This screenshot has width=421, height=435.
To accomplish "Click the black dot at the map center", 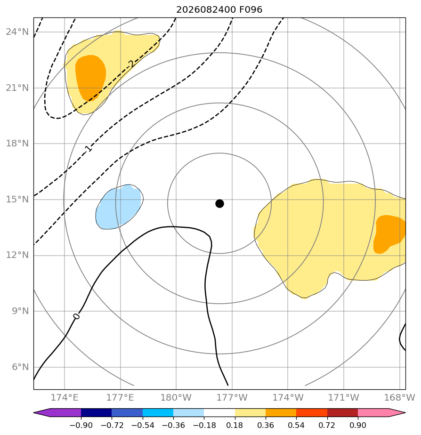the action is coord(219,204).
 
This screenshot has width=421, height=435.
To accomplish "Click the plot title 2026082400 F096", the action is coord(219,10).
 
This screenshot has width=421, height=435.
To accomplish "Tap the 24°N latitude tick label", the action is coord(17,32).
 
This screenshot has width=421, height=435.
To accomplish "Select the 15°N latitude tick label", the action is coord(17,200).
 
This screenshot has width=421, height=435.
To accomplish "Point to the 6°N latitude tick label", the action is coord(20,367).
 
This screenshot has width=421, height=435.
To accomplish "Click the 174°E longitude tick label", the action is coord(65,397).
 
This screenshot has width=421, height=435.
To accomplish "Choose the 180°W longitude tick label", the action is coord(176,397).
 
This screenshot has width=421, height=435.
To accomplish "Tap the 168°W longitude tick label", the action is coord(400,397).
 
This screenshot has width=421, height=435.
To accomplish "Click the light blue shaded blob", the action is coord(119,207).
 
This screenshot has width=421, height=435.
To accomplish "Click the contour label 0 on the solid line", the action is coord(76,316).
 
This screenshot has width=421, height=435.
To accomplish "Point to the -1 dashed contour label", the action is coord(87,149).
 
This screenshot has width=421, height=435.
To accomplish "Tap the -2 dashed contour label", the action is coord(131,64).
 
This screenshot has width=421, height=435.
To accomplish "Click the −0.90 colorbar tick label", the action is coord(81,425).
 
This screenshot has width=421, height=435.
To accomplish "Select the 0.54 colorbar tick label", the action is coord(296,425).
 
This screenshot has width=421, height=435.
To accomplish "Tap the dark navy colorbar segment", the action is coord(96,412).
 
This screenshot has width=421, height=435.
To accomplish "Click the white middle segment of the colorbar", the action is coord(219,412).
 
